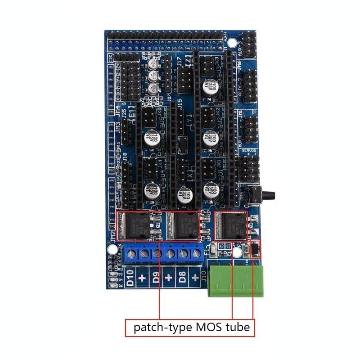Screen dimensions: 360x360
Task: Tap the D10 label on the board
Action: click(130, 279)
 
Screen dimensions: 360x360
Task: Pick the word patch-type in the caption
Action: click(159, 327)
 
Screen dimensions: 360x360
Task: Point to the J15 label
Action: click(179, 103)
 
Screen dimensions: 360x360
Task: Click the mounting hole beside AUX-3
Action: click(232, 43)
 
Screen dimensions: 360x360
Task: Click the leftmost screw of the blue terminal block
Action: click(131, 254)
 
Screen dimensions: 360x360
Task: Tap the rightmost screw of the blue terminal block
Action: click(197, 254)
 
